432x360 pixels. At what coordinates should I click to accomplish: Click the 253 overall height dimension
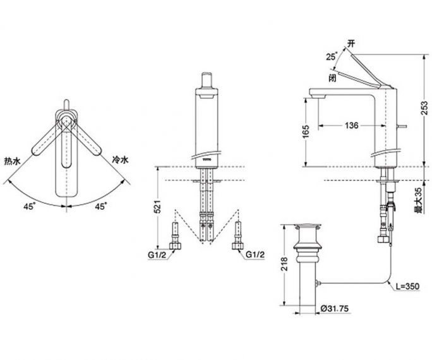click(x=426, y=109)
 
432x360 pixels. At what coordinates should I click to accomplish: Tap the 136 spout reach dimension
click(x=352, y=126)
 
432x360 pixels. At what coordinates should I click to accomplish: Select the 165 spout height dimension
click(x=306, y=132)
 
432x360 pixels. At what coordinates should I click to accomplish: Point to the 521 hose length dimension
click(x=157, y=206)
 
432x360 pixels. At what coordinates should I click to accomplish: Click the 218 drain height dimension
click(x=284, y=264)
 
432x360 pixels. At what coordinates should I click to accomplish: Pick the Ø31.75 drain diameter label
click(x=335, y=309)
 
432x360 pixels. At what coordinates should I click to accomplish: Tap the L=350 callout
click(x=408, y=287)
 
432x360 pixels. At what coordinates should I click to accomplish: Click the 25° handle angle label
click(x=332, y=56)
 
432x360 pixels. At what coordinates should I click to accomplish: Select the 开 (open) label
click(x=351, y=44)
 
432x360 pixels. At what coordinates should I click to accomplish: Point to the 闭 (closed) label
click(x=333, y=78)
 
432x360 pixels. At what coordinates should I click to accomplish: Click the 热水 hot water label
click(x=13, y=161)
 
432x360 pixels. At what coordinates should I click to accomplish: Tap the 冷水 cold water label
click(x=120, y=160)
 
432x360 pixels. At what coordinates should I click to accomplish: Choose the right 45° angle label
click(x=101, y=207)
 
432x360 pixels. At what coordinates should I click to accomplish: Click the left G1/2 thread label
click(x=157, y=255)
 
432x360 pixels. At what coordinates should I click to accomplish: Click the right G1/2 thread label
click(x=255, y=255)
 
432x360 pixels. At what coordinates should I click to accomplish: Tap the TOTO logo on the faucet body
click(x=207, y=159)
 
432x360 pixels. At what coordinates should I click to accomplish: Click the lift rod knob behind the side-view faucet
click(x=402, y=126)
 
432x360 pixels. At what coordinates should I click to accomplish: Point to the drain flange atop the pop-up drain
click(x=308, y=226)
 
